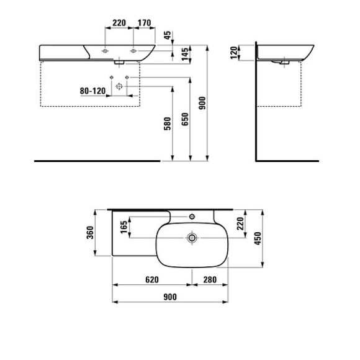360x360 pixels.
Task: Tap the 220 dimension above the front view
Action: click(118, 23)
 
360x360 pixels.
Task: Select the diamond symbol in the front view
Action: click(119, 86)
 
